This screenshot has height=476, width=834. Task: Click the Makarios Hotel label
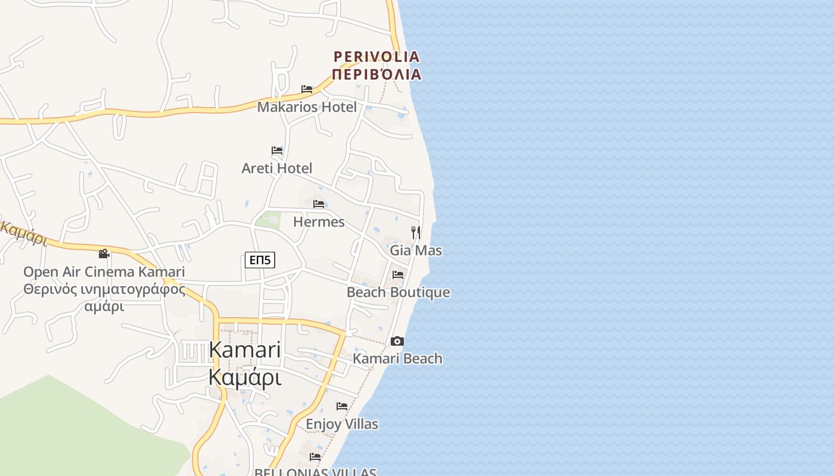(307, 107)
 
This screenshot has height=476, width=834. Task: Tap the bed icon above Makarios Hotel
(307, 89)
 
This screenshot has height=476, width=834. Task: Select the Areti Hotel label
(276, 168)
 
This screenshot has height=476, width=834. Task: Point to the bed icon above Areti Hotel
(277, 151)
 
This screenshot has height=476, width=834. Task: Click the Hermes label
(319, 222)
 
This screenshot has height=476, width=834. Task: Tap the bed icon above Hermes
(319, 204)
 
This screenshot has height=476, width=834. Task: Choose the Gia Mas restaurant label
(416, 250)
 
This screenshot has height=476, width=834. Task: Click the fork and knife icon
(416, 232)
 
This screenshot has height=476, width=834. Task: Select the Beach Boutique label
(398, 293)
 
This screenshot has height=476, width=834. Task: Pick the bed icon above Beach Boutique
(398, 275)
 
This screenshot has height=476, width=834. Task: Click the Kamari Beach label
(397, 359)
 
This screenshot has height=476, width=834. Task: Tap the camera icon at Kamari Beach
(397, 341)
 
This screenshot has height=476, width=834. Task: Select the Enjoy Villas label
(342, 424)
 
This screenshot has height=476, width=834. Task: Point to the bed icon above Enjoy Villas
(342, 406)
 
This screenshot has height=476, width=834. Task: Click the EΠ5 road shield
(260, 260)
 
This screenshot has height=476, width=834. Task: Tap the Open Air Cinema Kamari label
(104, 273)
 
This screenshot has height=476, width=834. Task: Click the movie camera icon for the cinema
(104, 254)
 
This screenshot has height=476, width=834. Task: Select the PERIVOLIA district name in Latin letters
(376, 57)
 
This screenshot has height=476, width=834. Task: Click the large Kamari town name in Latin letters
(244, 350)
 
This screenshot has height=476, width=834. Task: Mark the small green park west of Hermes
(269, 220)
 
